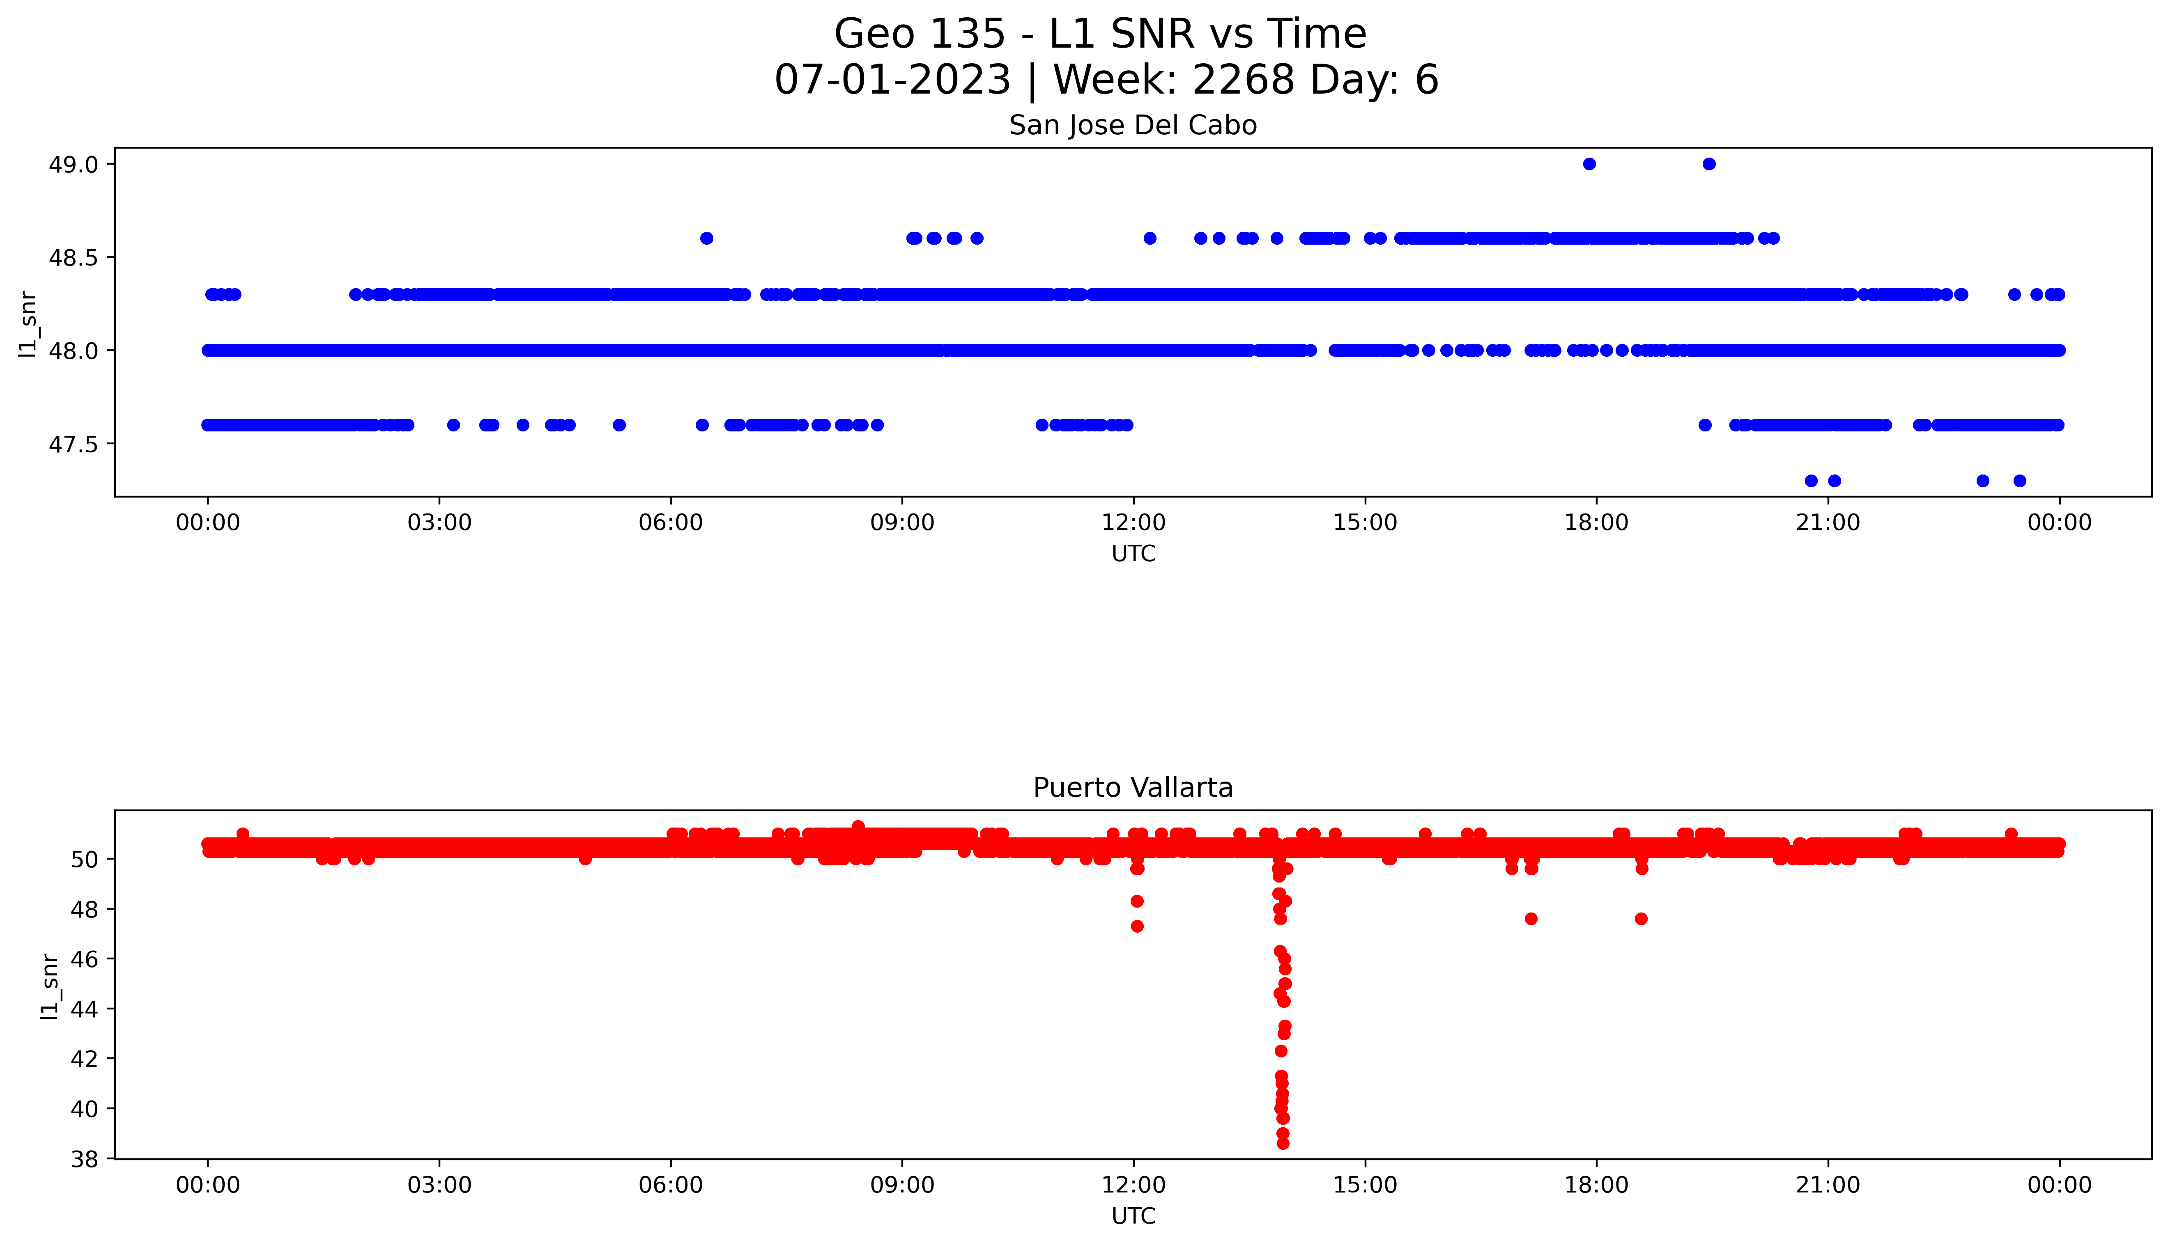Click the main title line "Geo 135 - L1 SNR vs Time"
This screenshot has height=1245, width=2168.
click(1100, 34)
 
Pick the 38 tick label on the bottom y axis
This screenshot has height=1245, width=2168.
click(86, 1159)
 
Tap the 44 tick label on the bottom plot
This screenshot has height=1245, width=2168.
click(86, 1009)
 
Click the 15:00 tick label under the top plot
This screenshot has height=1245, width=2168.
click(1365, 523)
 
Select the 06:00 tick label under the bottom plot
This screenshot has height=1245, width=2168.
click(671, 1185)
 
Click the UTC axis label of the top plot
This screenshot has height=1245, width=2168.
click(1133, 554)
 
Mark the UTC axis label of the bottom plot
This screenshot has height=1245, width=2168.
click(1133, 1216)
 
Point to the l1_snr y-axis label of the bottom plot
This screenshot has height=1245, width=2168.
click(50, 986)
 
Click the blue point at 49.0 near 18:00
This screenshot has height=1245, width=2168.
click(1589, 164)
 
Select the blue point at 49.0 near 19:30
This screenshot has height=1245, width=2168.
click(1709, 164)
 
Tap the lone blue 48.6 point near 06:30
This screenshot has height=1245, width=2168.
click(706, 238)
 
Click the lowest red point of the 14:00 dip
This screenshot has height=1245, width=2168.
click(1283, 1143)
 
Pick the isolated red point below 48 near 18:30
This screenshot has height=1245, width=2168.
click(1641, 919)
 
